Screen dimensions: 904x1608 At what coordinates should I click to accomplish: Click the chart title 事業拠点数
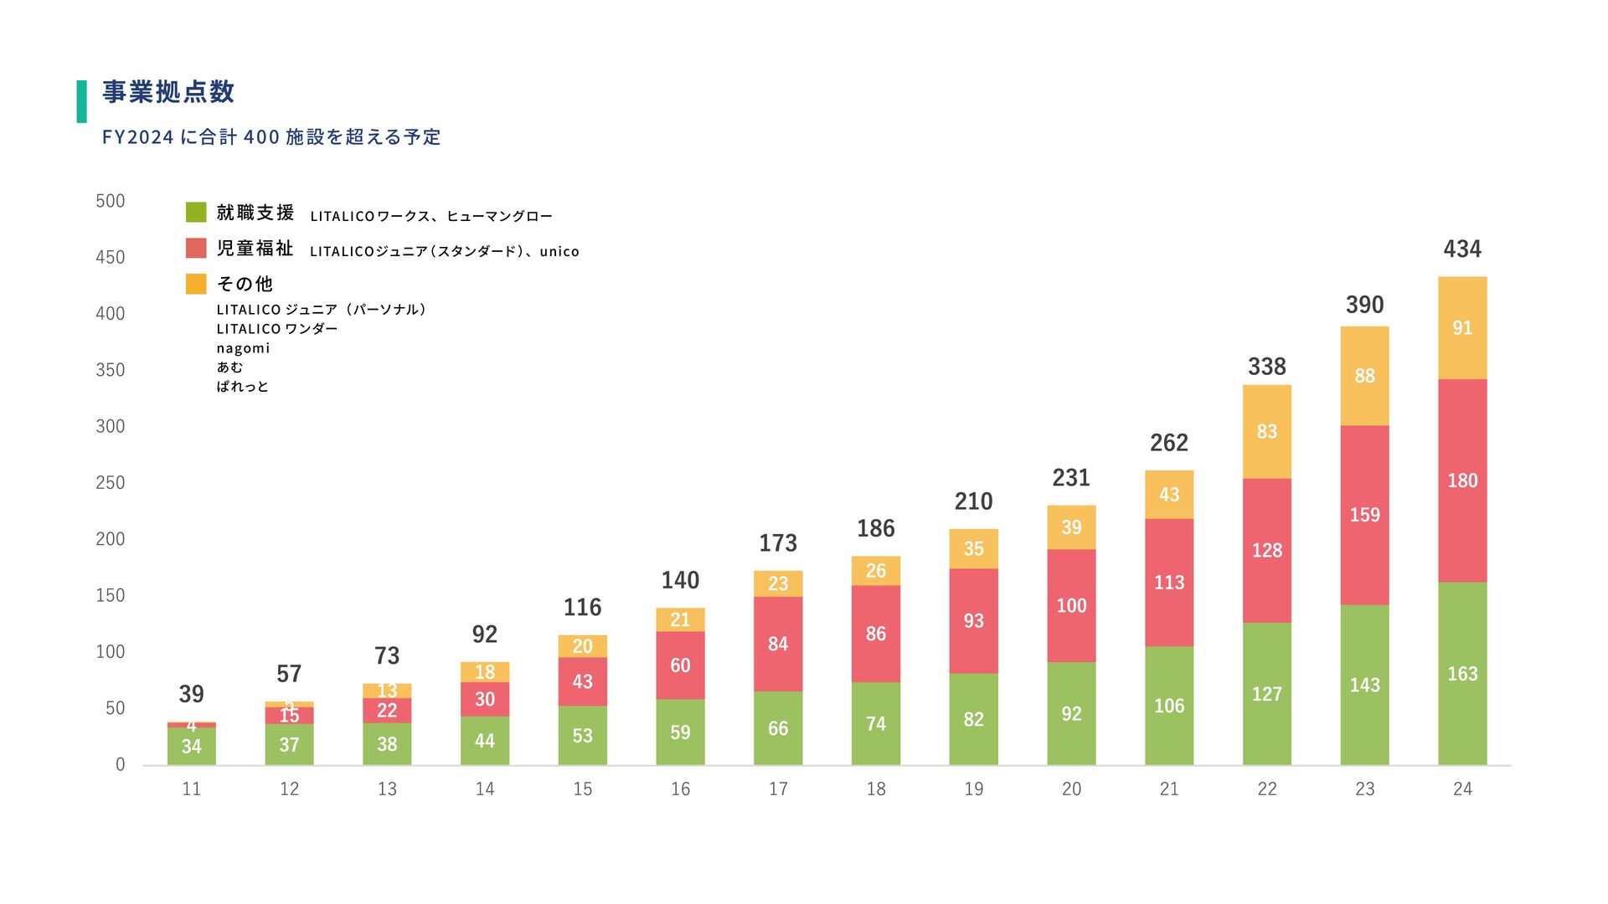[168, 92]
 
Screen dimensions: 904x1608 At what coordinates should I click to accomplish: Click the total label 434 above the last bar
[1462, 249]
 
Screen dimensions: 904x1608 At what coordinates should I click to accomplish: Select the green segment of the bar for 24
[1462, 673]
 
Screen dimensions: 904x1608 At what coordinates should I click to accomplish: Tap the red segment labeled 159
[1364, 515]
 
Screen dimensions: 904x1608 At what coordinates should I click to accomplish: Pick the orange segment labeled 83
[1266, 432]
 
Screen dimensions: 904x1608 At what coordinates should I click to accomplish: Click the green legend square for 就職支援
[196, 213]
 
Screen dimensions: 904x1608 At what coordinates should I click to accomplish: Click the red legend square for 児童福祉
[196, 249]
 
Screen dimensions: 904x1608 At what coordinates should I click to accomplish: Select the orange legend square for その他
[196, 284]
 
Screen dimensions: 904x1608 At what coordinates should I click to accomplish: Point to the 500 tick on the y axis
[111, 201]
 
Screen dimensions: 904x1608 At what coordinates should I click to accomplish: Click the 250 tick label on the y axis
[111, 483]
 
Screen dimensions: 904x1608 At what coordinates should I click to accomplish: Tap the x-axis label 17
[778, 788]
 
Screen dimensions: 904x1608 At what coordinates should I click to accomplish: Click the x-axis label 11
[191, 788]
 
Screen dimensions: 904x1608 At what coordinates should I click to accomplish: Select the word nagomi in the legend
[243, 348]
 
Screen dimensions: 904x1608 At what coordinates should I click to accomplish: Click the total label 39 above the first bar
[191, 694]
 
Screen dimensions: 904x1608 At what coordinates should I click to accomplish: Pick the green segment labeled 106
[1169, 706]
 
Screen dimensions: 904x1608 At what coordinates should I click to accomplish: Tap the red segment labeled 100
[1071, 605]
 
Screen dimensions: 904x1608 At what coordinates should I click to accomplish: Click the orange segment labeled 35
[973, 549]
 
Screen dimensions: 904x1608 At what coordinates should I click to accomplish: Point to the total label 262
[1169, 443]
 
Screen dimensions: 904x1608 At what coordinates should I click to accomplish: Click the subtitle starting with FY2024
[271, 137]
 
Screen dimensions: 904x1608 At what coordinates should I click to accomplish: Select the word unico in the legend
[559, 251]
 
